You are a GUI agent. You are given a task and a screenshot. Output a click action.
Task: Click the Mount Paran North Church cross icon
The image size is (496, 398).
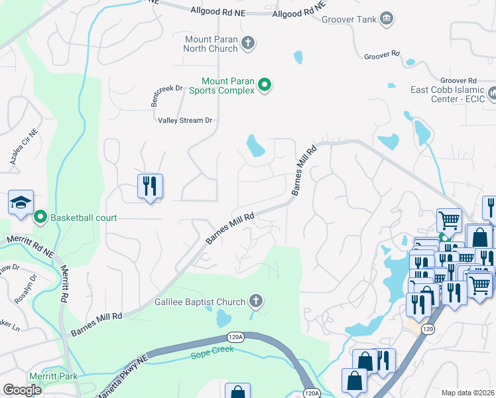click(248, 44)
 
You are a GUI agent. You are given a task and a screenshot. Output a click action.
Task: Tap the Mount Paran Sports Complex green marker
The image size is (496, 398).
click(265, 85)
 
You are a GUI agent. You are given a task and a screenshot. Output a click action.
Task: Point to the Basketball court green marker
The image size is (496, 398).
click(40, 217)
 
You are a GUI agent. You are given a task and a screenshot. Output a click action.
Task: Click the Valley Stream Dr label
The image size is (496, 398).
click(185, 120)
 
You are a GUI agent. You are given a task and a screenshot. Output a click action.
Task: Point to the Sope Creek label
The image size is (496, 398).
click(212, 349)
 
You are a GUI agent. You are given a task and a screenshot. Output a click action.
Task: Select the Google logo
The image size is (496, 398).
click(22, 390)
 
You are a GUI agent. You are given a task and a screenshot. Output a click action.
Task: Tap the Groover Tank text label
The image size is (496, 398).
click(348, 19)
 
